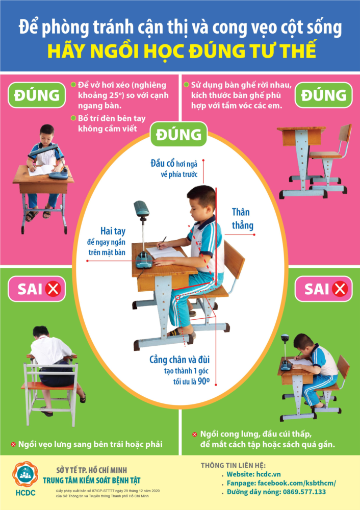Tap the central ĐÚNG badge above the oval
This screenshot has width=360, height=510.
click(x=178, y=134)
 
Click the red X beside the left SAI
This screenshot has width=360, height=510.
click(x=53, y=289)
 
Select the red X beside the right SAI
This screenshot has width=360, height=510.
click(x=340, y=289)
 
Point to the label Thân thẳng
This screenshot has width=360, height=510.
click(x=242, y=219)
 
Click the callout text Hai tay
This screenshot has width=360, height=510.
click(x=113, y=231)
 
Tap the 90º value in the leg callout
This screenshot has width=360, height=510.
click(x=203, y=381)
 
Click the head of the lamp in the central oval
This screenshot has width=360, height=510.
click(x=141, y=208)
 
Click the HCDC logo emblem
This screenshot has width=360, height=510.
click(x=25, y=474)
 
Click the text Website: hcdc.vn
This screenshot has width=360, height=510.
click(x=253, y=474)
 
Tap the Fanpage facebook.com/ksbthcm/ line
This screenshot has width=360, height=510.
click(x=281, y=483)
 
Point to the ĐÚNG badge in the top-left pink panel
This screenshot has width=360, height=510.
click(x=37, y=95)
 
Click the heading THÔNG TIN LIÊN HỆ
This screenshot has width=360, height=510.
click(x=233, y=466)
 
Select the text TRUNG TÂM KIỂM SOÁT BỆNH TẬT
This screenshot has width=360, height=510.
click(x=92, y=480)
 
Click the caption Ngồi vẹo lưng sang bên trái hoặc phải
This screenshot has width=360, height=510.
click(x=90, y=444)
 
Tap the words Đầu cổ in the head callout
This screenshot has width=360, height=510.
click(x=163, y=163)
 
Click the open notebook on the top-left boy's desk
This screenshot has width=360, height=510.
click(x=41, y=170)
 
